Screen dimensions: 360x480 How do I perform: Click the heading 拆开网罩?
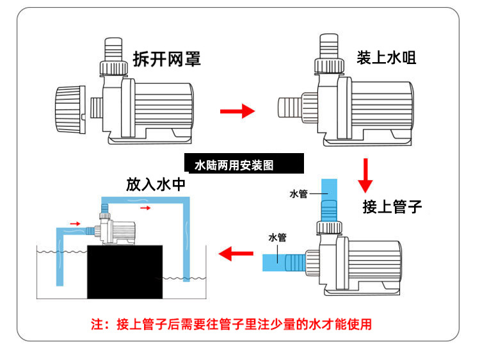click(166, 59)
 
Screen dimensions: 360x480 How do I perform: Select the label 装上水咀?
click(387, 58)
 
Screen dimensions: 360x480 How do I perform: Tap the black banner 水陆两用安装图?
click(243, 165)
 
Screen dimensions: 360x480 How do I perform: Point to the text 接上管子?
click(392, 206)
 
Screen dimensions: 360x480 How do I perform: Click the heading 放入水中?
click(156, 184)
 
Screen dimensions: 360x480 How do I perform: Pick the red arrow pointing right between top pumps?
click(237, 111)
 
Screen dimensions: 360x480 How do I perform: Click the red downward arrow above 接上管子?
click(365, 175)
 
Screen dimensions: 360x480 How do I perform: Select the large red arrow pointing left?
click(236, 254)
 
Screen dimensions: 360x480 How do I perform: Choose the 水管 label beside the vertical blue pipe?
click(298, 193)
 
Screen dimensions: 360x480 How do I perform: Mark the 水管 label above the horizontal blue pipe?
click(277, 238)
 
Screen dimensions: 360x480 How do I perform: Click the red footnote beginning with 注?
click(231, 323)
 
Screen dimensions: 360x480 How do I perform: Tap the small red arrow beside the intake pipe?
click(75, 223)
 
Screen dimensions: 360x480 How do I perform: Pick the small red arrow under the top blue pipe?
click(146, 208)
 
